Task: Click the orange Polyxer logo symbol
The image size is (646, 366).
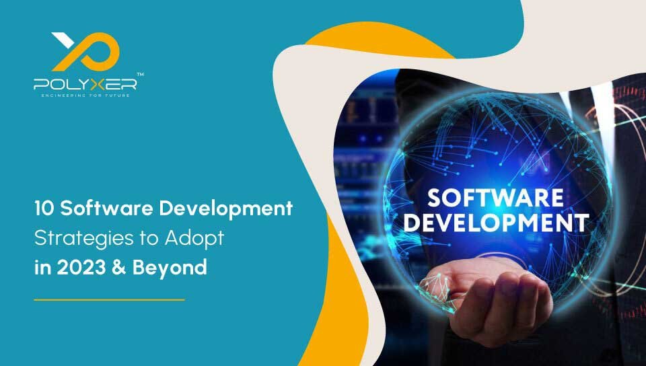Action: pyautogui.click(x=85, y=51)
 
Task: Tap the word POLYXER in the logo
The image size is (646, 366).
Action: pyautogui.click(x=85, y=84)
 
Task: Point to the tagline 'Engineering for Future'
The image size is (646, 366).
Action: pyautogui.click(x=85, y=96)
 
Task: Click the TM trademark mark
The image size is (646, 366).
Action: pyautogui.click(x=140, y=75)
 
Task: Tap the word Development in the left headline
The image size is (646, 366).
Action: pyautogui.click(x=226, y=209)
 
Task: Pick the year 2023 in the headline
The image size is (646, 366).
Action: pyautogui.click(x=81, y=268)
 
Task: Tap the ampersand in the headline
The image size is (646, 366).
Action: pyautogui.click(x=118, y=268)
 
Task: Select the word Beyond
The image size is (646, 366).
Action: pyautogui.click(x=170, y=269)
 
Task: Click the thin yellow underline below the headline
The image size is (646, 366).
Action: pyautogui.click(x=109, y=299)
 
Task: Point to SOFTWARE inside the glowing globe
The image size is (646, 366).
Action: pyautogui.click(x=496, y=198)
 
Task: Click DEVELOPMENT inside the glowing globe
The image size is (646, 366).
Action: pyautogui.click(x=496, y=223)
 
